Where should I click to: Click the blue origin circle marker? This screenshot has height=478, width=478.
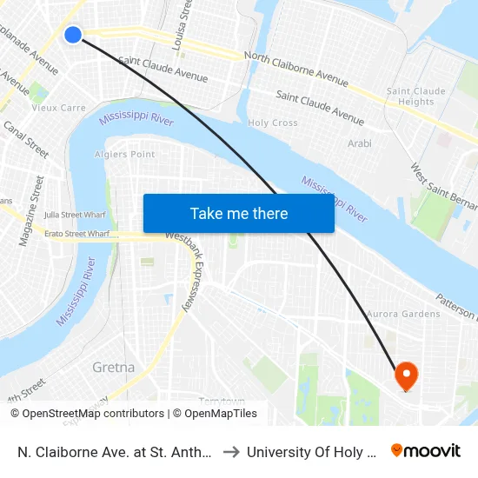click(73, 35)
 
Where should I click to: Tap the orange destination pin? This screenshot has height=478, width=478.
click(406, 375)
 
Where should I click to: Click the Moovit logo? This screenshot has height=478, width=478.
click(425, 451)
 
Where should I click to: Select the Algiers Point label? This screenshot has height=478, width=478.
click(124, 155)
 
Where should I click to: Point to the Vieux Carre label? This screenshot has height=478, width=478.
click(58, 109)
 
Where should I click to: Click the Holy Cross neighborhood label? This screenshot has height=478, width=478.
click(273, 123)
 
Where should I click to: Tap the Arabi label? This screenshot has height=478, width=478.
click(359, 143)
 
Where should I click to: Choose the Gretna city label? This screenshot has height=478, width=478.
click(114, 368)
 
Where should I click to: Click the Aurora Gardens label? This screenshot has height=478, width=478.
click(403, 314)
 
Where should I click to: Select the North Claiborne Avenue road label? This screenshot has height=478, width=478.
click(296, 69)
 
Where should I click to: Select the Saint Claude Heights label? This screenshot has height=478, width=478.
click(415, 96)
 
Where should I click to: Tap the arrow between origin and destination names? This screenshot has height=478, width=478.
click(230, 451)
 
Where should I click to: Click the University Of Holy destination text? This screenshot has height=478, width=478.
click(312, 452)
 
